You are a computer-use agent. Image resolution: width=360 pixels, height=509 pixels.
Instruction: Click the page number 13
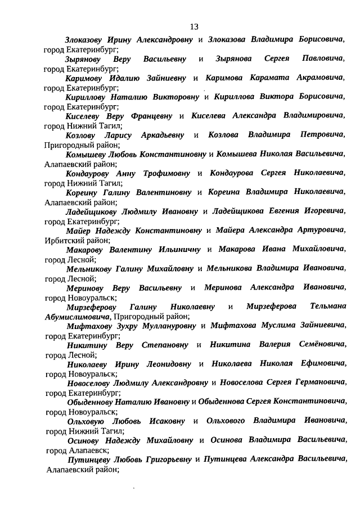[194, 26]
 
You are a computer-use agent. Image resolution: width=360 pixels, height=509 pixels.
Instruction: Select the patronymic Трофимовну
[163, 173]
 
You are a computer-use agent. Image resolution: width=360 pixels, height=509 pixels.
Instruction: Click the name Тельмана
[327, 307]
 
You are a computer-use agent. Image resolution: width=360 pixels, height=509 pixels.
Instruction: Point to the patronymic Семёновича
[322, 345]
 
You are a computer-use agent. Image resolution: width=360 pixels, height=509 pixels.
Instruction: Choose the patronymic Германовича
[316, 383]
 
